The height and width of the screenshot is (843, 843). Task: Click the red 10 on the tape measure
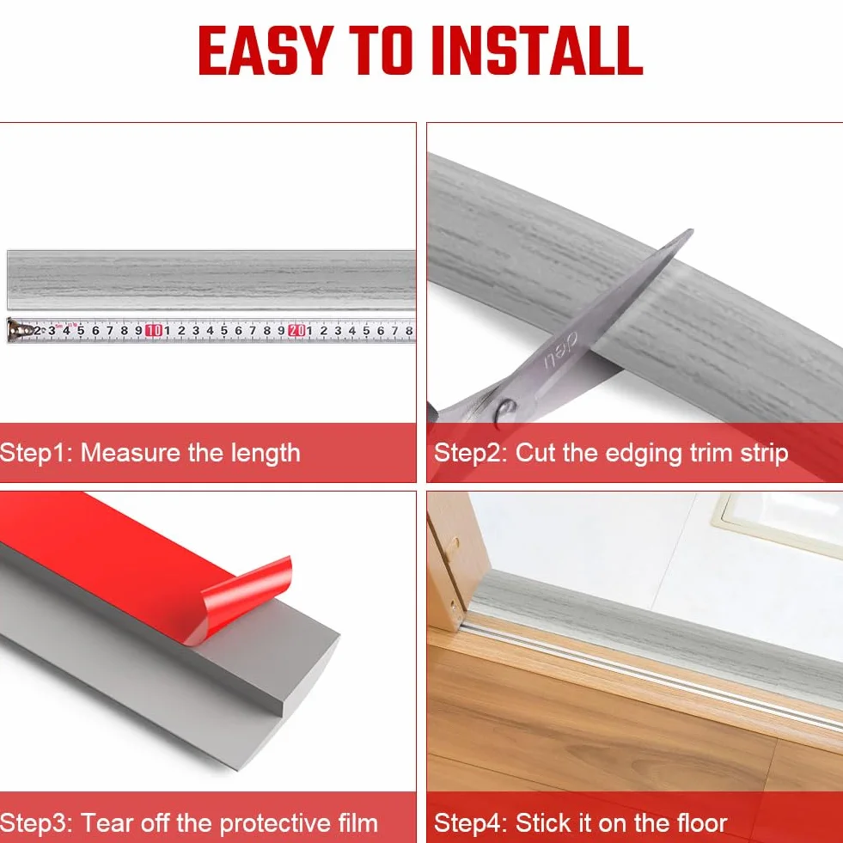pyautogui.click(x=153, y=330)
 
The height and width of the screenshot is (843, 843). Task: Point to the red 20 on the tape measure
pyautogui.click(x=296, y=330)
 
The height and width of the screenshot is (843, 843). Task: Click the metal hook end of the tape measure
pyautogui.click(x=16, y=330)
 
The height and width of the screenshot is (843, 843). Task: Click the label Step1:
pyautogui.click(x=37, y=453)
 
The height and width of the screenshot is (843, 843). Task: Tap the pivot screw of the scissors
pyautogui.click(x=506, y=410)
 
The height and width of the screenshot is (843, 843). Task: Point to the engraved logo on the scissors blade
pyautogui.click(x=561, y=351)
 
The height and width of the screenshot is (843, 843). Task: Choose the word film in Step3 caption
pyautogui.click(x=357, y=823)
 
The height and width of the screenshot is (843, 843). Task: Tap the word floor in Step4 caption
pyautogui.click(x=701, y=823)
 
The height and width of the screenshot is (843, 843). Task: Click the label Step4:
pyautogui.click(x=470, y=824)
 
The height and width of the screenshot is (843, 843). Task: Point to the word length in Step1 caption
pyautogui.click(x=265, y=454)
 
